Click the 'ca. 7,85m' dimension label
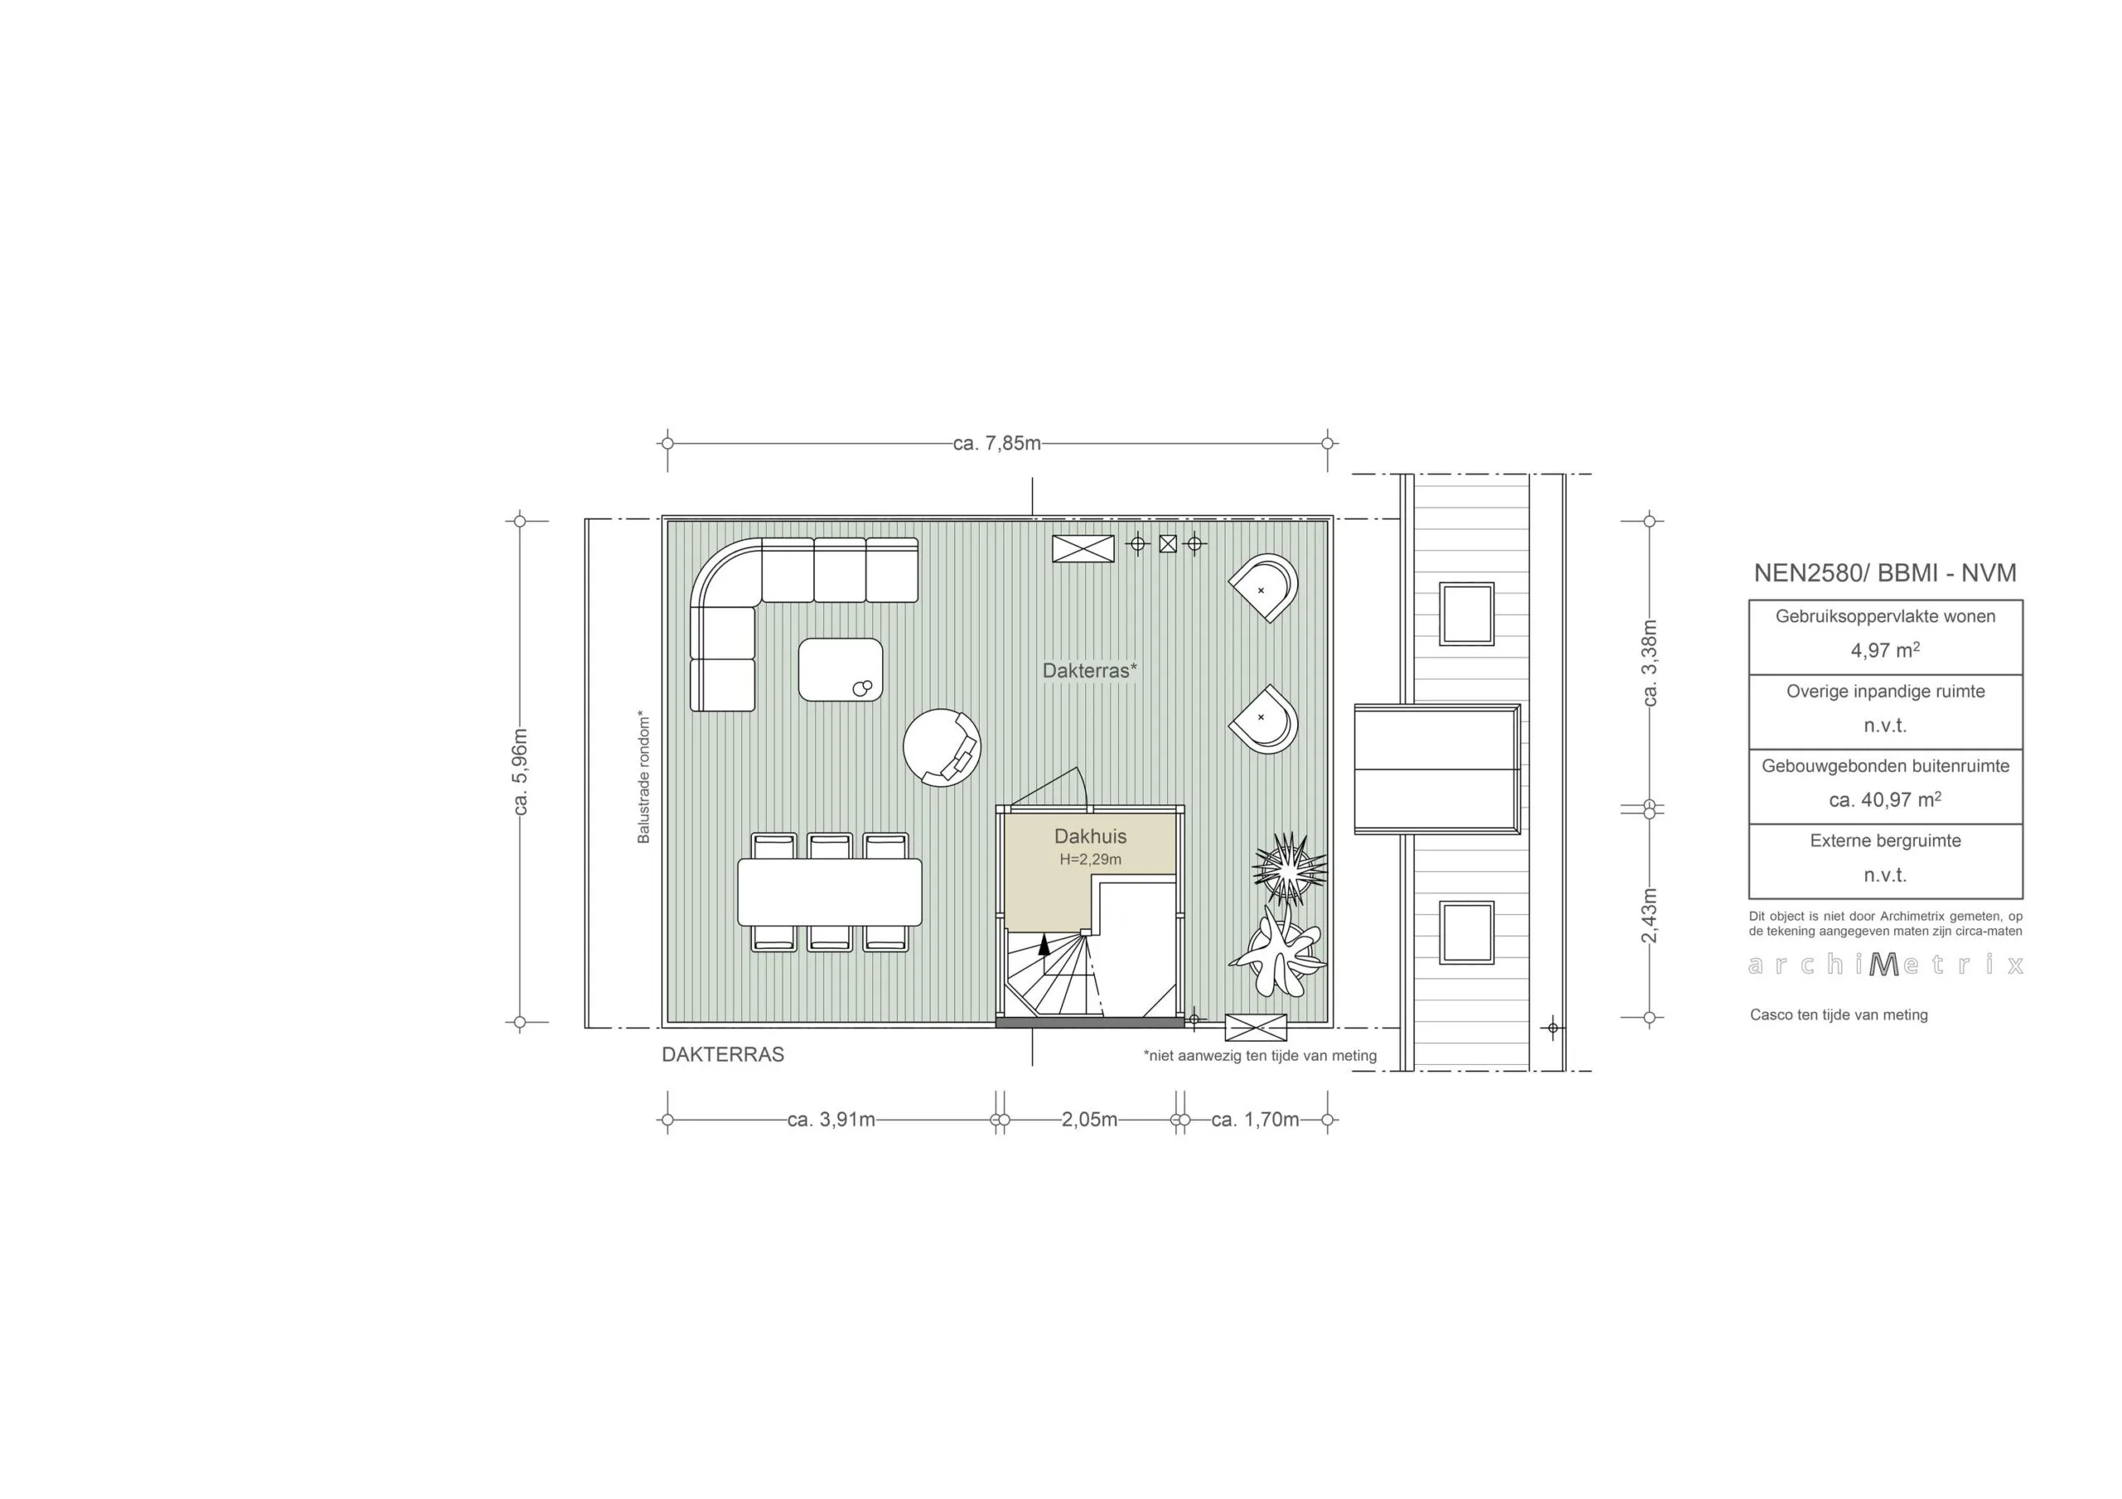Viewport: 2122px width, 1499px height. click(x=996, y=443)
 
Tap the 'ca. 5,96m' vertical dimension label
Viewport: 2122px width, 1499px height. click(x=521, y=771)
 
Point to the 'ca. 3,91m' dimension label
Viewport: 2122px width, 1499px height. click(x=831, y=1120)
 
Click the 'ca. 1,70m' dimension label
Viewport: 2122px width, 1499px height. click(x=1255, y=1120)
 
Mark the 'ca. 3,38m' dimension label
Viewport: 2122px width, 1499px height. click(x=1650, y=663)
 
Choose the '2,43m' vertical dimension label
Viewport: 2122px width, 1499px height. click(x=1650, y=915)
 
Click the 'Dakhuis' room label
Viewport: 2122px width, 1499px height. click(x=1091, y=836)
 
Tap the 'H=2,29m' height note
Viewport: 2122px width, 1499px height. click(x=1091, y=859)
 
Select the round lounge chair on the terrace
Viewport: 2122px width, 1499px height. click(x=941, y=747)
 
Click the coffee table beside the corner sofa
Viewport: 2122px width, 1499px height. click(x=841, y=669)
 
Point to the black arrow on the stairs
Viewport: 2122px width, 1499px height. click(x=1044, y=944)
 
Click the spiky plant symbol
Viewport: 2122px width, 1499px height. click(x=1287, y=868)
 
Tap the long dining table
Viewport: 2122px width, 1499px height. click(x=829, y=892)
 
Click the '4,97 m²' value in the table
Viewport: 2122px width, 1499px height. click(x=1884, y=650)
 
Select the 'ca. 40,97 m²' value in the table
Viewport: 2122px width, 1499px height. click(x=1884, y=800)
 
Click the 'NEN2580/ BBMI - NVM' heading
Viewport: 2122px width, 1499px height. click(x=1884, y=573)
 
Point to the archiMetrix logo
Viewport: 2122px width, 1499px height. click(x=1884, y=965)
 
